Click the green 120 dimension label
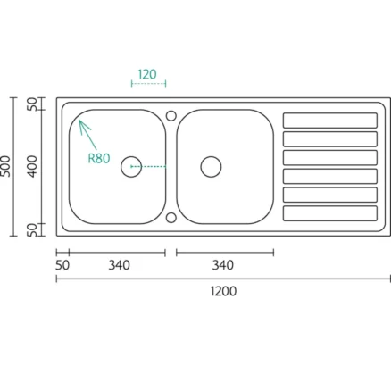click(147, 74)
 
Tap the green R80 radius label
click(99, 158)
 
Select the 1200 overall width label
click(224, 291)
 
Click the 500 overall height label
click(6, 166)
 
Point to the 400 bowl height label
click(32, 167)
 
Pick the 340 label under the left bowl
click(119, 265)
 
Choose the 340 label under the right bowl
click(223, 265)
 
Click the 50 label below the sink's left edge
click(62, 265)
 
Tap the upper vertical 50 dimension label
click(32, 104)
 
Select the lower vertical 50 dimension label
click(32, 230)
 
